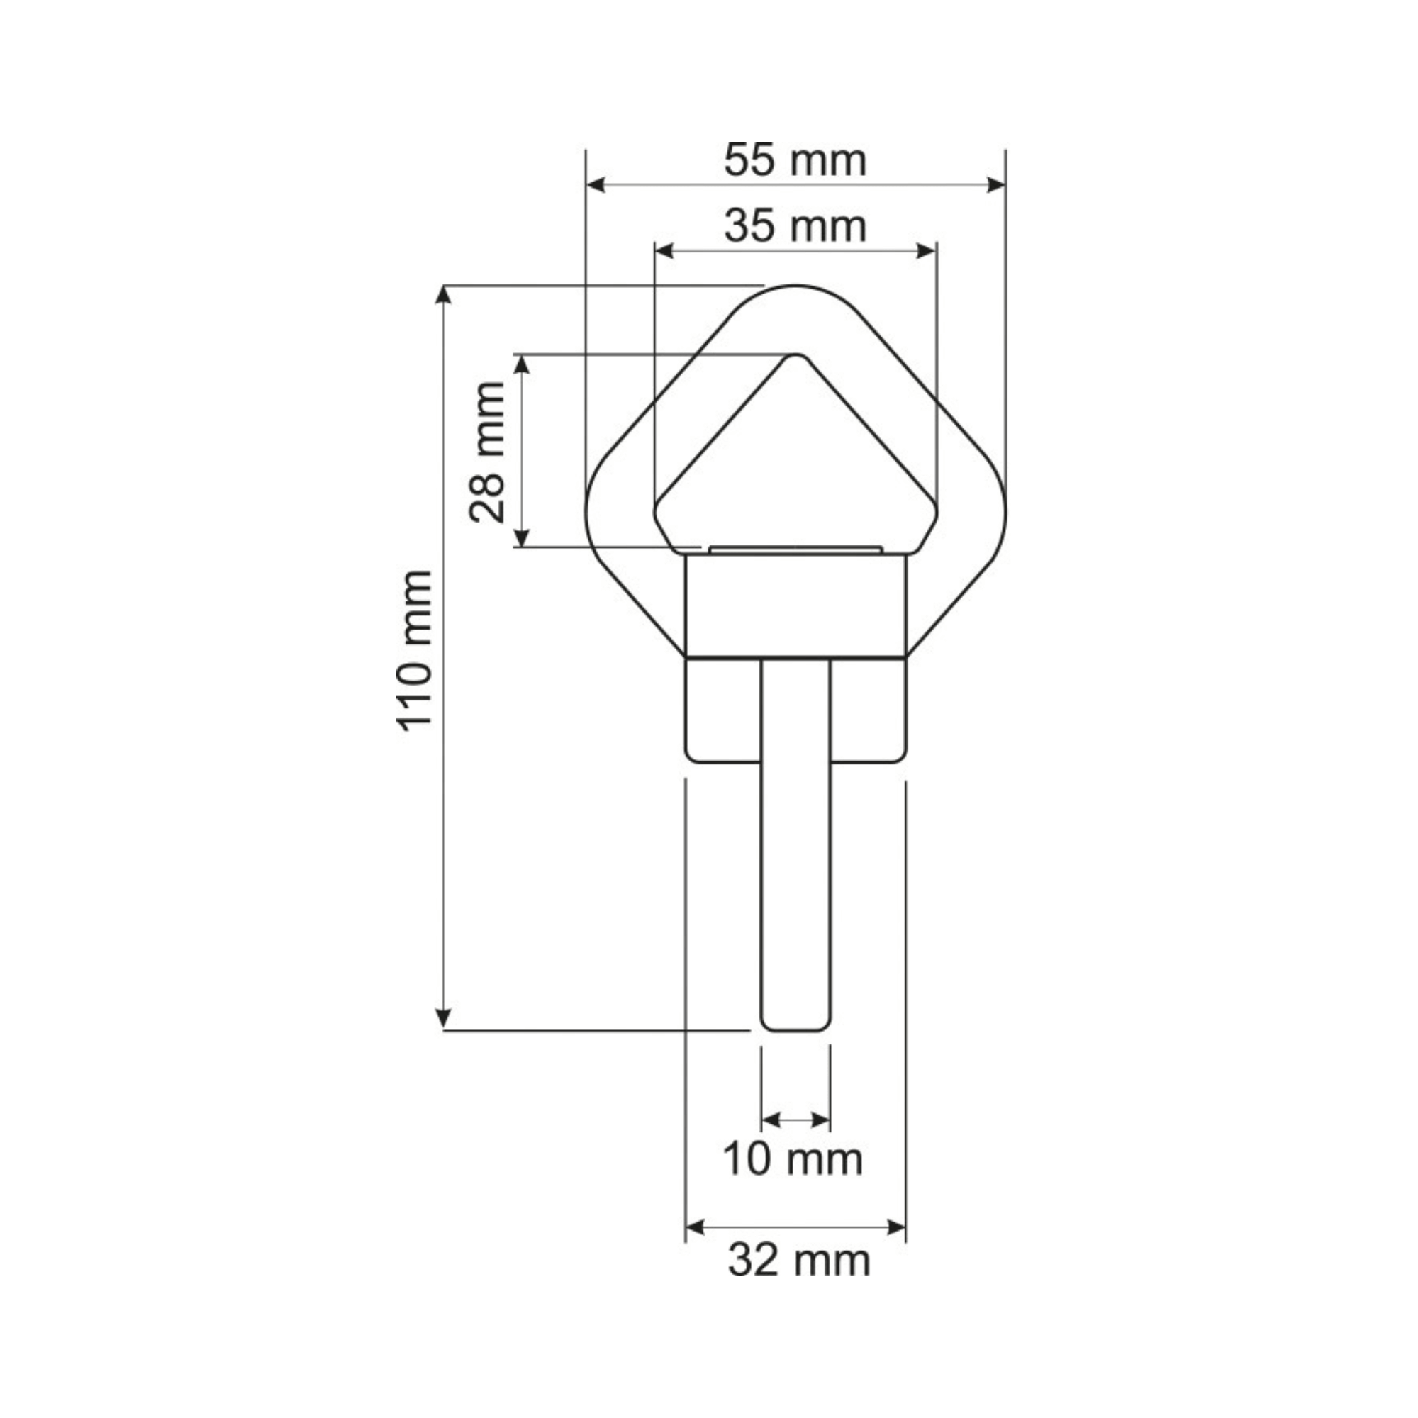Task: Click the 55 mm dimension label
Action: point(795,161)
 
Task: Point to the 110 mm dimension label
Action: point(415,650)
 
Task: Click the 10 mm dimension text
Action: point(793,1160)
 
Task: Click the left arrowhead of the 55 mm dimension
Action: point(596,185)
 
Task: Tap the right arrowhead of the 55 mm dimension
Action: point(996,185)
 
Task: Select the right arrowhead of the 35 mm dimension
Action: point(927,251)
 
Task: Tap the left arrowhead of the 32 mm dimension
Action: point(694,1227)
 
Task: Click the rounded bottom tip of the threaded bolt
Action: point(796,1027)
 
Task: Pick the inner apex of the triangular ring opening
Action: point(795,357)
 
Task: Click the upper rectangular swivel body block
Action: point(796,606)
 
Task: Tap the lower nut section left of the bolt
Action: point(723,710)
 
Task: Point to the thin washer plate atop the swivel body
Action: point(796,548)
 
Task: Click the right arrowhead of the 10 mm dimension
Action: point(822,1120)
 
